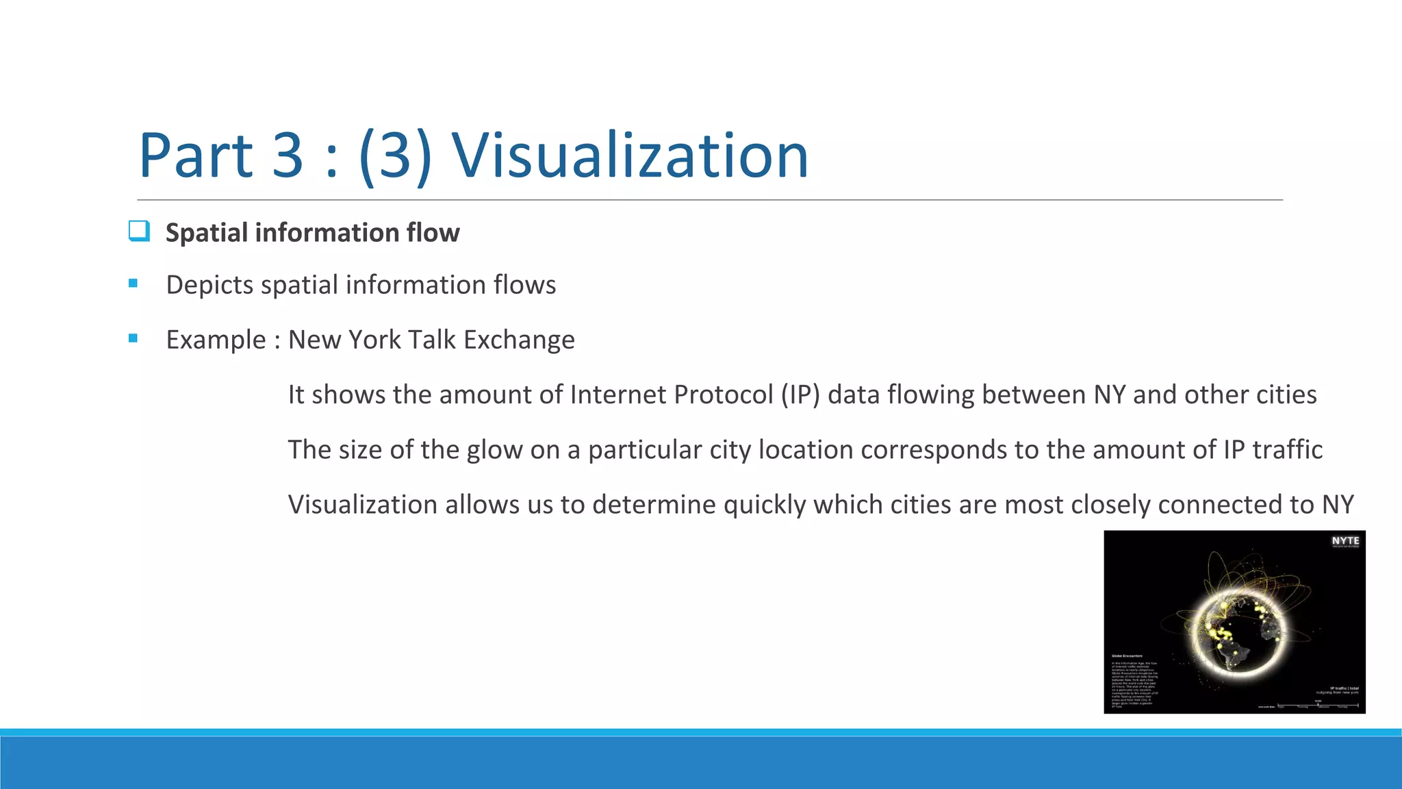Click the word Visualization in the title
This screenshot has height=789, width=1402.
630,156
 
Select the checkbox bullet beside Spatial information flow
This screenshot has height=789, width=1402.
139,231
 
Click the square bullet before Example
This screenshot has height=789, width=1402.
133,338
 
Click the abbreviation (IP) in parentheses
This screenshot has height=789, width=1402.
800,395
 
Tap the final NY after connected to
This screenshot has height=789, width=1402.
1338,505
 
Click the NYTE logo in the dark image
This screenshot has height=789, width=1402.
1345,542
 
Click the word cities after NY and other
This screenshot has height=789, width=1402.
1286,395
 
